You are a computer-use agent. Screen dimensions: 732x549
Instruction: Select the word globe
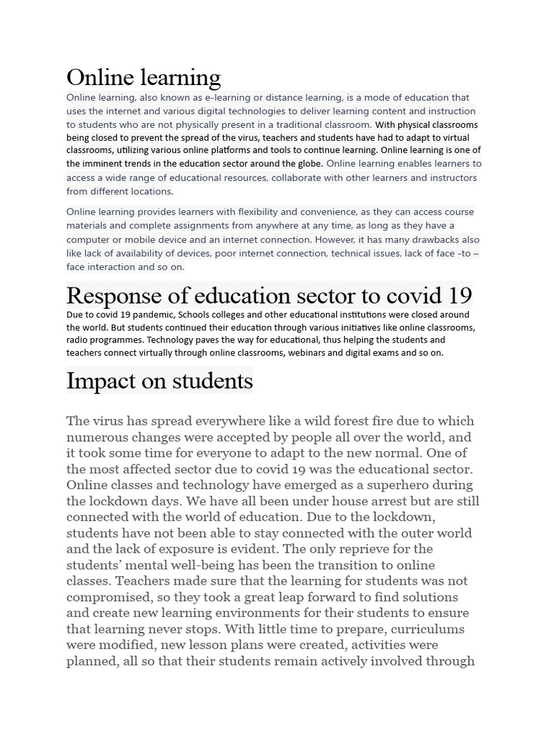tap(305, 164)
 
